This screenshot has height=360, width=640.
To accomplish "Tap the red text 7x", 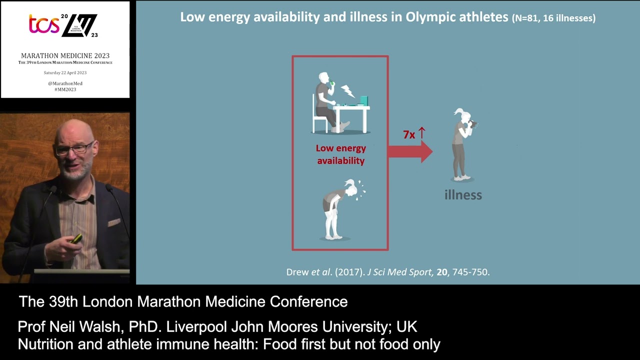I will pyautogui.click(x=409, y=135).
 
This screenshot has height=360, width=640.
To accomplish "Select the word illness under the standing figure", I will pyautogui.click(x=463, y=195).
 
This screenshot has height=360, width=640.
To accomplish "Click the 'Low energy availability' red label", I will pyautogui.click(x=340, y=154).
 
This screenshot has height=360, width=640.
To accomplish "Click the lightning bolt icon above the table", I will pyautogui.click(x=347, y=91).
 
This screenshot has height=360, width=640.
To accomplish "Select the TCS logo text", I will pyautogui.click(x=44, y=24).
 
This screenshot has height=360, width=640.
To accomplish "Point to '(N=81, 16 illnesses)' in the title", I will pyautogui.click(x=553, y=18).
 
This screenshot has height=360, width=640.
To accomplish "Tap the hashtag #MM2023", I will pyautogui.click(x=65, y=89).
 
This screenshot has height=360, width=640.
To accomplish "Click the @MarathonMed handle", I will pyautogui.click(x=65, y=83).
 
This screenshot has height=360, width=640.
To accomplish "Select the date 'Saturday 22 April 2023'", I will pyautogui.click(x=65, y=73).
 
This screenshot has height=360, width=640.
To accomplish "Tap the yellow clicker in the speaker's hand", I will pyautogui.click(x=76, y=239).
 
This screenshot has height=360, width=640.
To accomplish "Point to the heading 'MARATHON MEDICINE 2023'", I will pyautogui.click(x=65, y=55).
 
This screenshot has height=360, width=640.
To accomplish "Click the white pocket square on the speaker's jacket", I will pyautogui.click(x=114, y=222).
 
